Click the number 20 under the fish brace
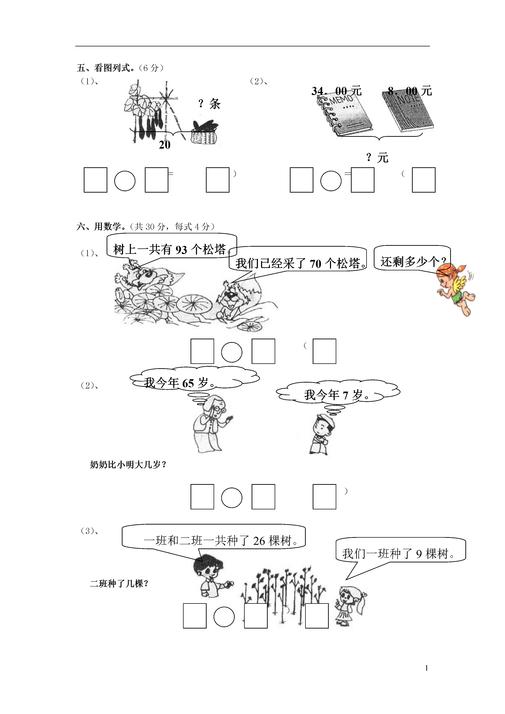pos(165,145)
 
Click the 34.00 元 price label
pos(336,91)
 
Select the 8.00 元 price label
pos(410,91)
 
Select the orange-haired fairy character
pos(456,289)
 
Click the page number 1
pos(427,668)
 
